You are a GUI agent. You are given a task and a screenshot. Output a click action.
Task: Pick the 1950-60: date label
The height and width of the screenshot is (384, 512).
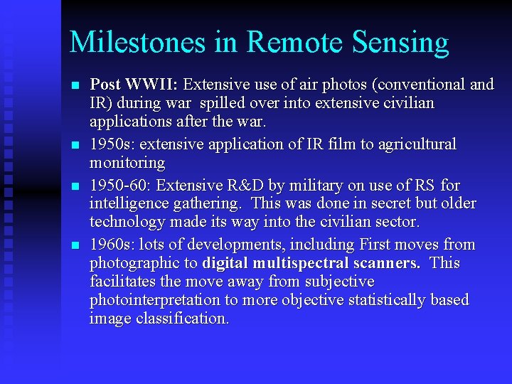pyautogui.click(x=121, y=186)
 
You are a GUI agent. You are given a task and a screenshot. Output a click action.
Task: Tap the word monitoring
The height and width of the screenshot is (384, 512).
pyautogui.click(x=127, y=163)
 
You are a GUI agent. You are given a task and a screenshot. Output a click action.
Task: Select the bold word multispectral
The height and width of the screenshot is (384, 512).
pyautogui.click(x=317, y=263)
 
